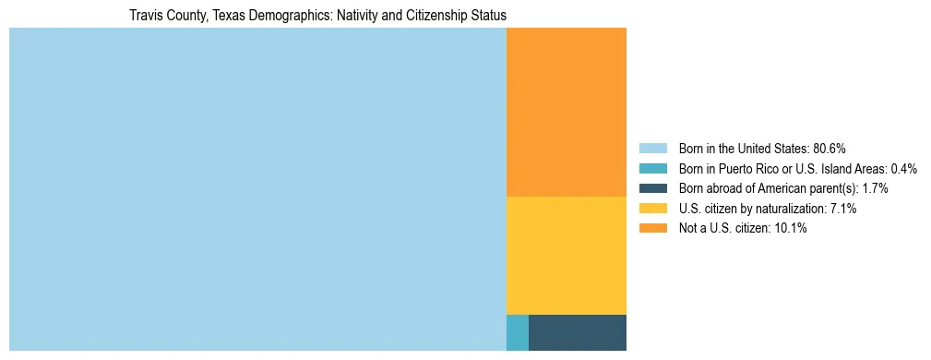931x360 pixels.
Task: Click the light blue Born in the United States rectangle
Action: pyautogui.click(x=257, y=189)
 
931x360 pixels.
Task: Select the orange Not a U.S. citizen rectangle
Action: pyautogui.click(x=566, y=112)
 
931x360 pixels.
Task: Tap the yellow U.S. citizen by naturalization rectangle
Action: pyautogui.click(x=566, y=255)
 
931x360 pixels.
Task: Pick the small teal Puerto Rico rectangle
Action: pyautogui.click(x=517, y=332)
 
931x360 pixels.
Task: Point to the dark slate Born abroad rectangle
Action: pyautogui.click(x=577, y=332)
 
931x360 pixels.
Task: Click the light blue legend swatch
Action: pyautogui.click(x=652, y=149)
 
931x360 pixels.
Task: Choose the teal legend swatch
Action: pyautogui.click(x=652, y=169)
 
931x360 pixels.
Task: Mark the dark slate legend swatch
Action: pyautogui.click(x=652, y=188)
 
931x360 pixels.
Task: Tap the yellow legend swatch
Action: pyautogui.click(x=652, y=209)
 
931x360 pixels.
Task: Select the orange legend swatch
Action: pyautogui.click(x=652, y=228)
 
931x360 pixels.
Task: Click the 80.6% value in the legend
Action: pyautogui.click(x=830, y=149)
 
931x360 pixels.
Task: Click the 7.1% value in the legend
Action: pyautogui.click(x=843, y=209)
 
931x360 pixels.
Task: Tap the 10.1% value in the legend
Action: pyautogui.click(x=792, y=228)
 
